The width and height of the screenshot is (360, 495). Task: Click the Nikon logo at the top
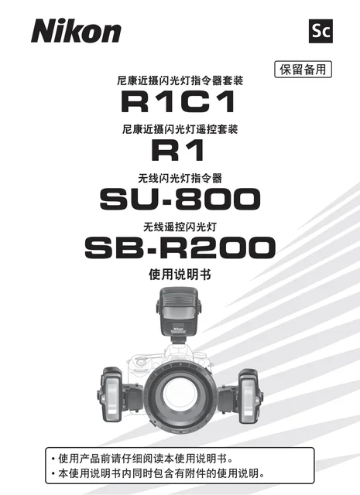click(76, 31)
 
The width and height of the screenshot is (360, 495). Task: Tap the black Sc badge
click(321, 31)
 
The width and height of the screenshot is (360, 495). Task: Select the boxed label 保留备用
click(303, 69)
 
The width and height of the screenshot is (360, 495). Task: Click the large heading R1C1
click(178, 101)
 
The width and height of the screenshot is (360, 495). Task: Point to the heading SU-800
click(180, 199)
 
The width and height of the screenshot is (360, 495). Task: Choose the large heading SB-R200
click(180, 247)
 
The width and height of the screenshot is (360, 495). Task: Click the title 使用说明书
click(180, 275)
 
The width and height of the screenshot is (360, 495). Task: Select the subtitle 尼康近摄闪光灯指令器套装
click(180, 80)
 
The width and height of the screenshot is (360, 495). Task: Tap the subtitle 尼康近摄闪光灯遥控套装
click(180, 129)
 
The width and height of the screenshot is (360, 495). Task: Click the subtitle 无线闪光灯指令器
click(180, 179)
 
